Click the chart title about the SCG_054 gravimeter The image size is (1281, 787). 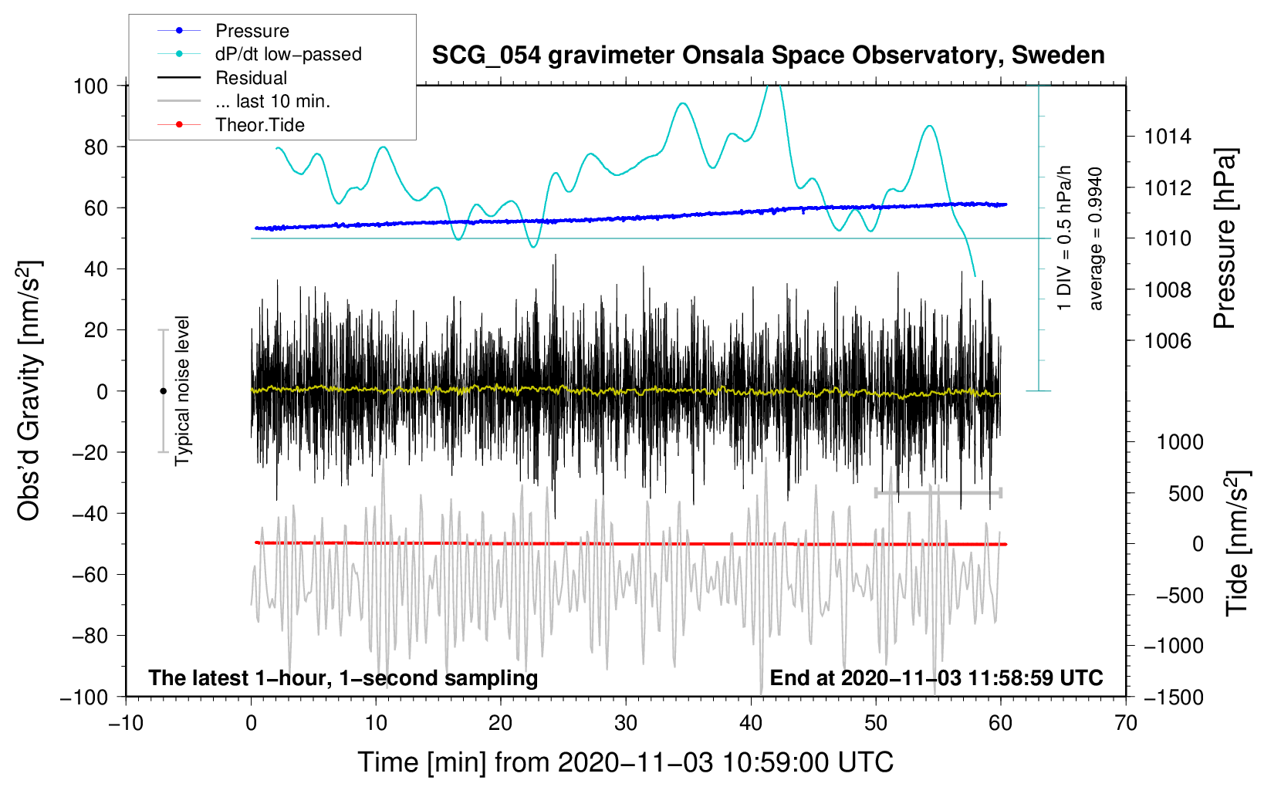pyautogui.click(x=768, y=56)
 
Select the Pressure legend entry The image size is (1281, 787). pyautogui.click(x=252, y=31)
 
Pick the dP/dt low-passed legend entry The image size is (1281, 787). pyautogui.click(x=288, y=54)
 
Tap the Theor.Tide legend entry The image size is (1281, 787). pyautogui.click(x=259, y=125)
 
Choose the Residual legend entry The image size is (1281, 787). pyautogui.click(x=251, y=78)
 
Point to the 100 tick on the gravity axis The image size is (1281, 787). pyautogui.click(x=90, y=86)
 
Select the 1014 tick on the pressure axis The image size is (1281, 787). pyautogui.click(x=1168, y=137)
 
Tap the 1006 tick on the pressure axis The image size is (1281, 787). pyautogui.click(x=1168, y=340)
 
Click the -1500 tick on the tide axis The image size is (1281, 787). pyautogui.click(x=1173, y=697)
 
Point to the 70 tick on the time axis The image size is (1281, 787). pyautogui.click(x=1126, y=723)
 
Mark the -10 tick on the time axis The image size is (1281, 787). pyautogui.click(x=126, y=723)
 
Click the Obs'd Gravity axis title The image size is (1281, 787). pyautogui.click(x=29, y=390)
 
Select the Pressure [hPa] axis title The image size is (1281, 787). pyautogui.click(x=1225, y=238)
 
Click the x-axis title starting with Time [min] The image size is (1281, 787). pyautogui.click(x=625, y=762)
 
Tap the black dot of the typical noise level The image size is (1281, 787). pyautogui.click(x=163, y=391)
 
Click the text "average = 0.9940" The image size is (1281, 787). pyautogui.click(x=1096, y=238)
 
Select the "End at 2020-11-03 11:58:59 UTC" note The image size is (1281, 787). pyautogui.click(x=936, y=677)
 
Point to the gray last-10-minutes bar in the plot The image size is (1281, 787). pyautogui.click(x=938, y=492)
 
